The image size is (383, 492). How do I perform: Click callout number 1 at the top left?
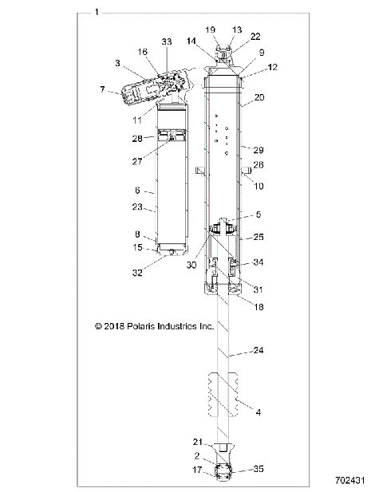(97, 12)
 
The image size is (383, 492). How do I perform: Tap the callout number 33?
(166, 41)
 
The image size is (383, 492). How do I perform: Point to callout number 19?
(211, 30)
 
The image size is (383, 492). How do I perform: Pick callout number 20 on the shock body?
(259, 98)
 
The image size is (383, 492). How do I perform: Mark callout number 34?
(259, 262)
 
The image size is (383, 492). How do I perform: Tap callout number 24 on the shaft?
(258, 348)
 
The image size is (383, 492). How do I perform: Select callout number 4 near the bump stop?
(258, 412)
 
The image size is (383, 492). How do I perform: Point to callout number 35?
(259, 469)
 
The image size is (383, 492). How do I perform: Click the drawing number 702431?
(352, 482)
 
